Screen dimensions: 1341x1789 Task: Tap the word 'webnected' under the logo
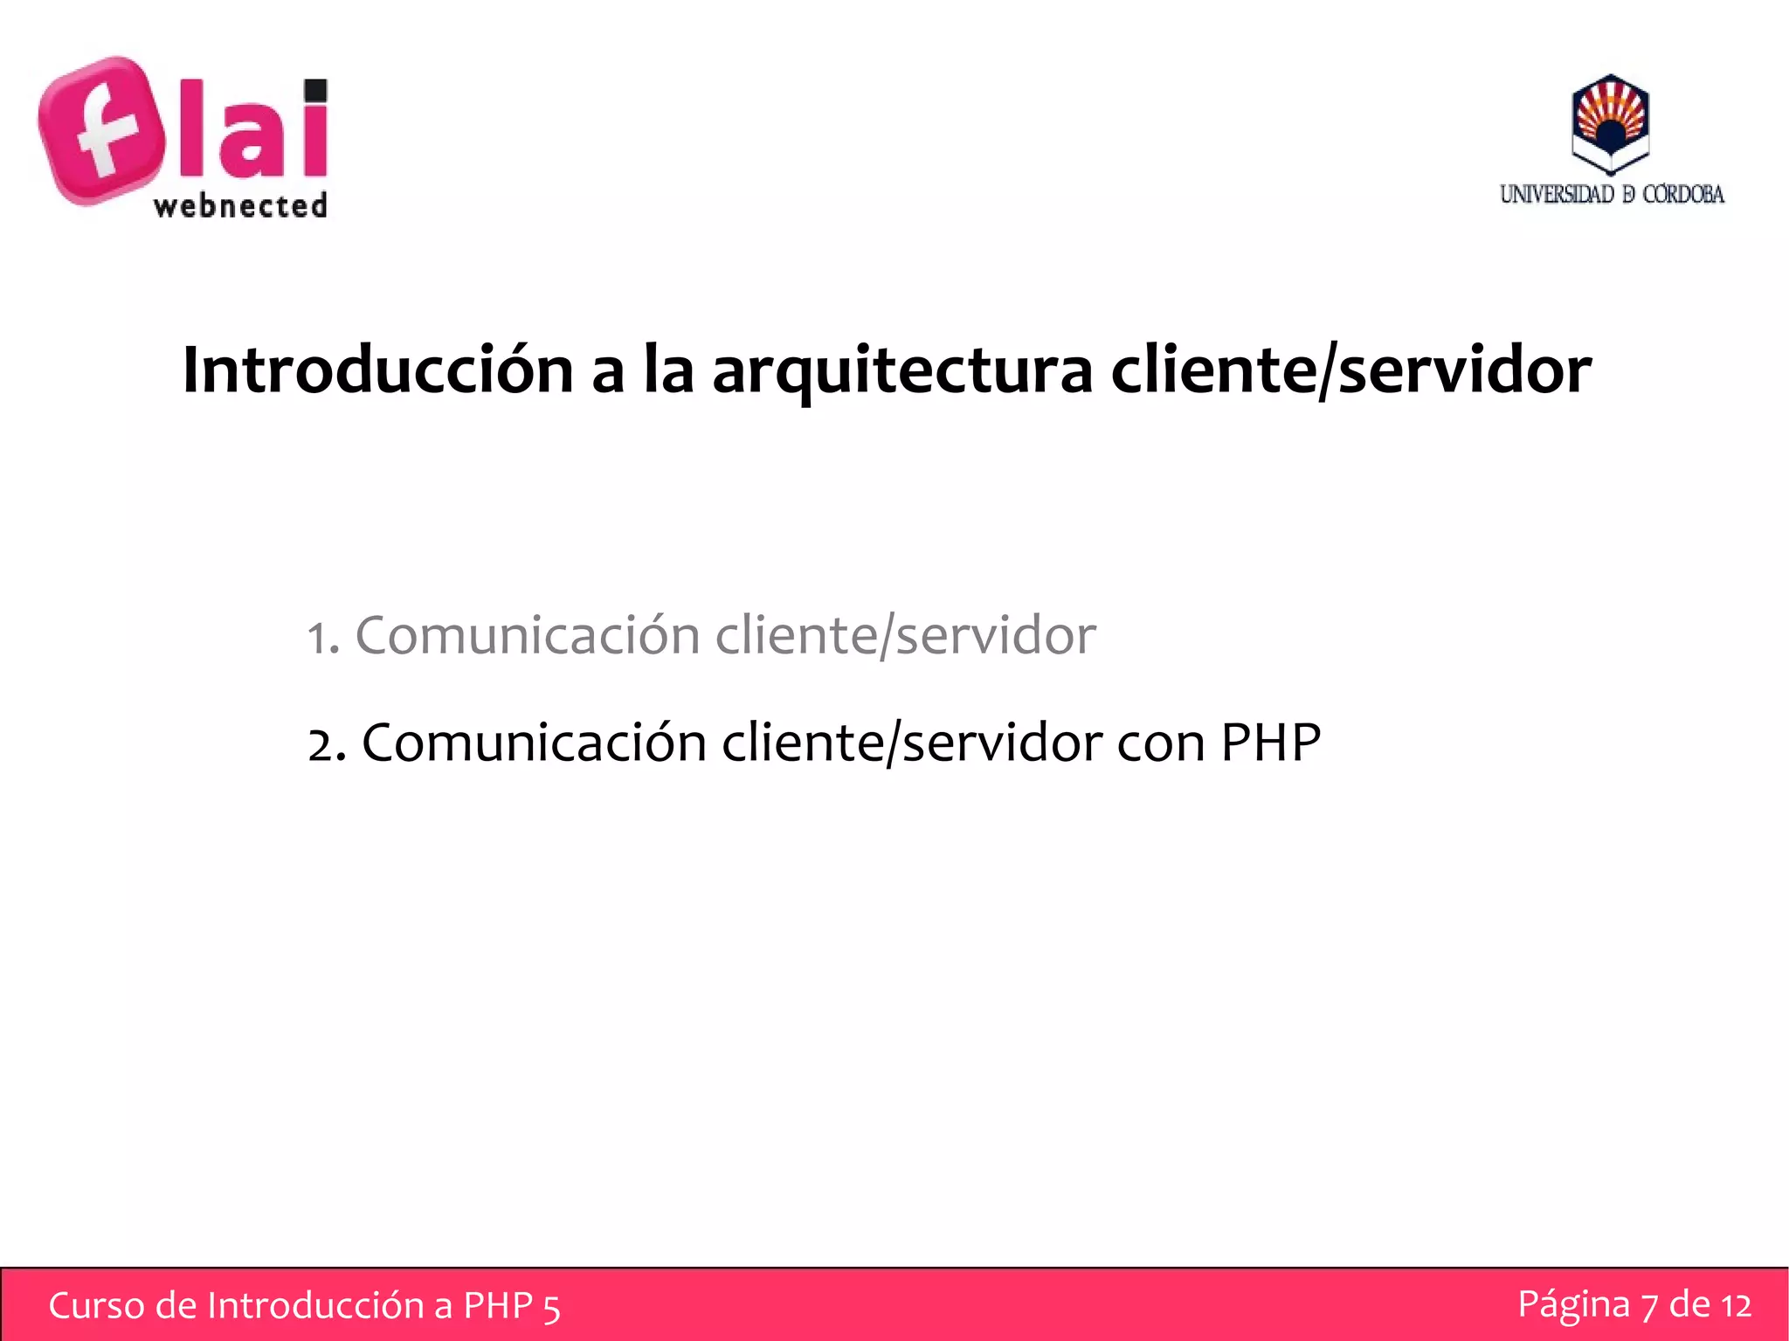point(240,206)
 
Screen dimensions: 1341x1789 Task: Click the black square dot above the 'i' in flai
point(316,90)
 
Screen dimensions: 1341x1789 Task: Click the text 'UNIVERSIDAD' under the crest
point(1557,194)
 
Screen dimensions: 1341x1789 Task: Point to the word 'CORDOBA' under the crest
point(1683,194)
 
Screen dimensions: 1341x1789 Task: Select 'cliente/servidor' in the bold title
point(1350,370)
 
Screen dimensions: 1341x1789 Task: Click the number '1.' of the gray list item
point(323,638)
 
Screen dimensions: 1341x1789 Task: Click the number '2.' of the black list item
point(327,745)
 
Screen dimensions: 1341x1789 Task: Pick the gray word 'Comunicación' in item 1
point(528,635)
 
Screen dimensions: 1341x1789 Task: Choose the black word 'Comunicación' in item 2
point(534,743)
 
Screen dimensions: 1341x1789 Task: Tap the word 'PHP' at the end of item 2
point(1270,743)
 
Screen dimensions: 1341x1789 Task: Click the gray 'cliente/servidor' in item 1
point(905,635)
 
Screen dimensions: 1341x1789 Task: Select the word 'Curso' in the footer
point(96,1306)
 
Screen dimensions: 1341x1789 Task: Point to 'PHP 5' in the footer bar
point(511,1306)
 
